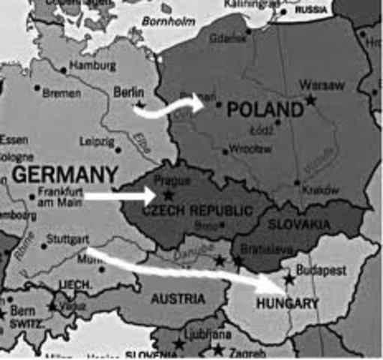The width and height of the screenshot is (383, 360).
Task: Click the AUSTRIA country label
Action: [x=178, y=298]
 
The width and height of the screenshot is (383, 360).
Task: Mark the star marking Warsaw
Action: [x=310, y=100]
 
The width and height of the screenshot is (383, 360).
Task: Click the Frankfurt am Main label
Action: [x=60, y=196]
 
